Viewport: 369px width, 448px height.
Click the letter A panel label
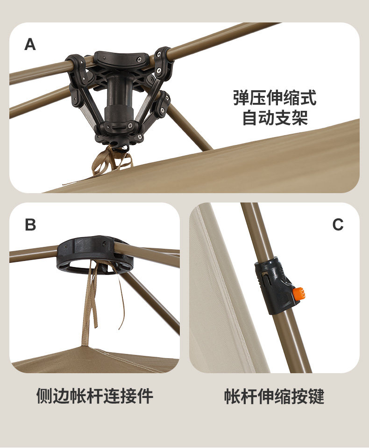30,44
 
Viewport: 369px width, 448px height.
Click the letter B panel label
30,224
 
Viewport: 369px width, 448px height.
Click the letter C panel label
338,224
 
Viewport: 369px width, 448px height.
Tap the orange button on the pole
299,293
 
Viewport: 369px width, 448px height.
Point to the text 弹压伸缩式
275,98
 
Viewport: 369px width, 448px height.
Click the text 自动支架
275,117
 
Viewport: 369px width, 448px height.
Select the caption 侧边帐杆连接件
95,396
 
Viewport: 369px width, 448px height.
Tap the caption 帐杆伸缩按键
274,396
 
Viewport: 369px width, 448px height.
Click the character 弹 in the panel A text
241,98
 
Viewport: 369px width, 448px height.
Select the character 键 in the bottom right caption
316,396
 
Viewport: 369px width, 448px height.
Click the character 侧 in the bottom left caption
44,396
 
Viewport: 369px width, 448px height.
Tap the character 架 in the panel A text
300,117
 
